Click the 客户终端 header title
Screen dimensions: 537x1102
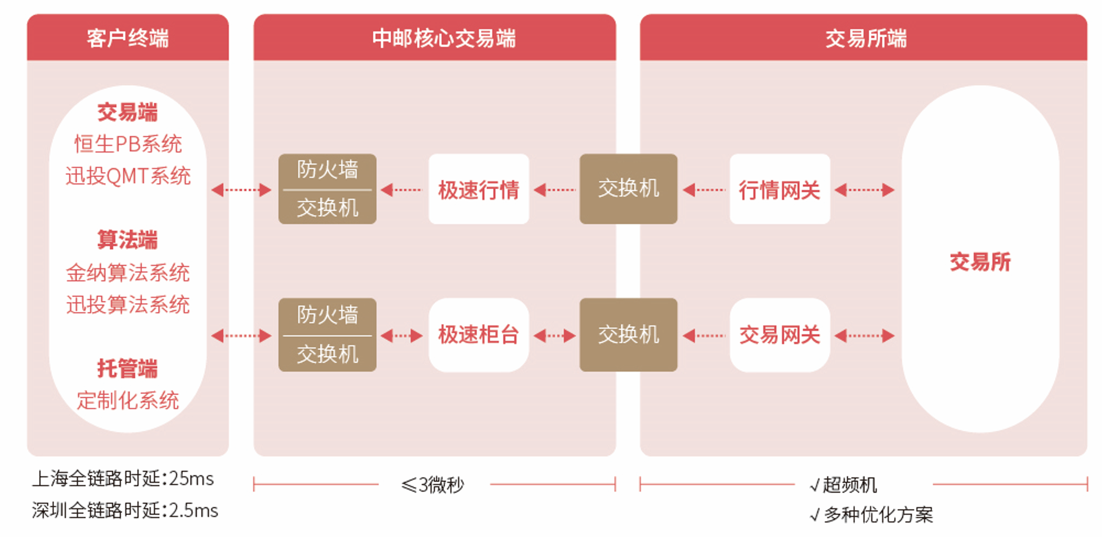click(x=128, y=38)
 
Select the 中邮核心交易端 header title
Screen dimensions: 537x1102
click(x=444, y=38)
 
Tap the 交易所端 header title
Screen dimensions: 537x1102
click(x=866, y=38)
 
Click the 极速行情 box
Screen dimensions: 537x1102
click(x=479, y=189)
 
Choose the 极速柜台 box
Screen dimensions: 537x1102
click(x=479, y=335)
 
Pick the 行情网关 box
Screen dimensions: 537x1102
click(x=780, y=189)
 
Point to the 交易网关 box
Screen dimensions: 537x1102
click(x=780, y=335)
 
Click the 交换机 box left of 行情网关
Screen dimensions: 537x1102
click(x=628, y=189)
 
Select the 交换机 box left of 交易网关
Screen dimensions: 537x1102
click(x=628, y=335)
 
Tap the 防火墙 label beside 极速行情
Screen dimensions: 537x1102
click(x=327, y=170)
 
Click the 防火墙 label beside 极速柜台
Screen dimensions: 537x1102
click(x=327, y=315)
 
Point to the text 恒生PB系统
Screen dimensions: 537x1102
click(x=128, y=144)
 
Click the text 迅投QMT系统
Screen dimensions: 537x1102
click(x=128, y=176)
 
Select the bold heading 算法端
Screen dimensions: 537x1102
click(x=128, y=240)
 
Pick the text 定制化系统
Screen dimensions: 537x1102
click(x=128, y=400)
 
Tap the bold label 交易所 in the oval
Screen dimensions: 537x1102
click(x=980, y=261)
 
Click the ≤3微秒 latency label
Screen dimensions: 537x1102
click(x=433, y=485)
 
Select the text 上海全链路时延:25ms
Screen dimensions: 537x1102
click(x=123, y=479)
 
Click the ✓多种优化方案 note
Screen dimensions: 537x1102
click(x=872, y=515)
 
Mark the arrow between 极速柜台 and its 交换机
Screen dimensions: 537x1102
click(x=554, y=335)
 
